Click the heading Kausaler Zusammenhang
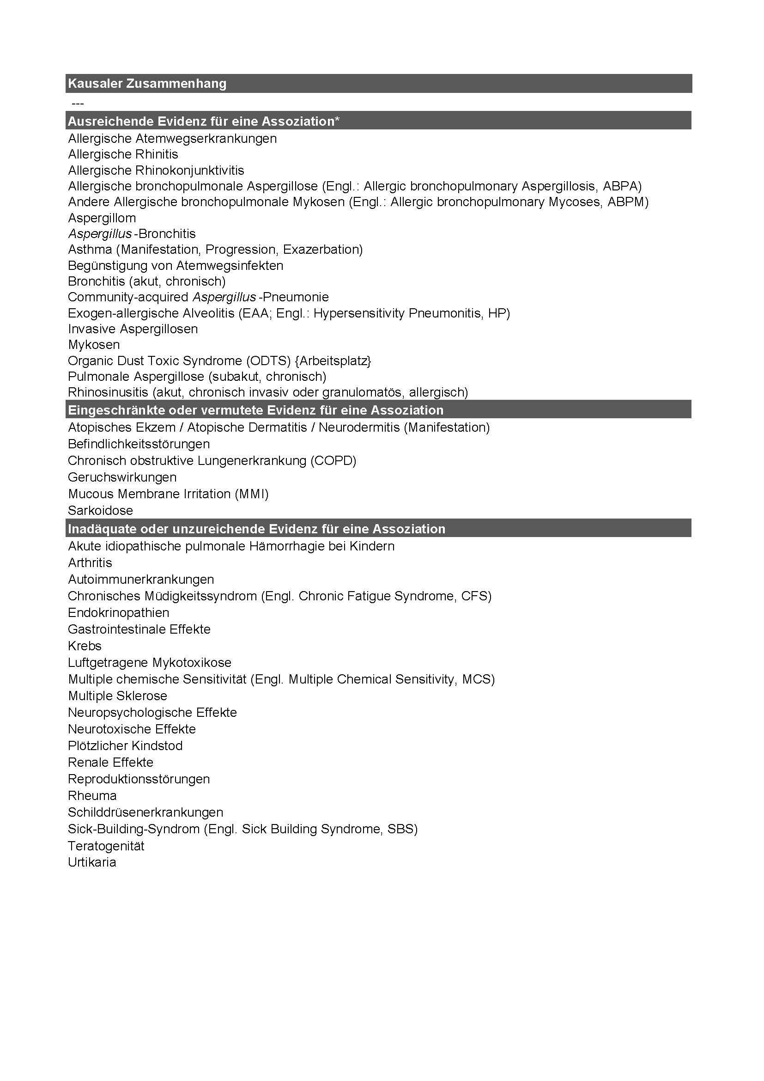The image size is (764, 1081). pyautogui.click(x=147, y=84)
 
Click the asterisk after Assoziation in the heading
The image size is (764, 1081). pyautogui.click(x=337, y=121)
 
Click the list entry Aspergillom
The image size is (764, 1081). pyautogui.click(x=102, y=218)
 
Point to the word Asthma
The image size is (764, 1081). pyautogui.click(x=90, y=250)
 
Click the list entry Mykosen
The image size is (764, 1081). pyautogui.click(x=94, y=345)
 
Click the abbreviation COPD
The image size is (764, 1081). pyautogui.click(x=333, y=460)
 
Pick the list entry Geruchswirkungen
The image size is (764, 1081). pyautogui.click(x=122, y=477)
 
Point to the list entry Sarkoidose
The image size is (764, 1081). pyautogui.click(x=100, y=510)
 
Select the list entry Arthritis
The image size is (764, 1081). pyautogui.click(x=90, y=562)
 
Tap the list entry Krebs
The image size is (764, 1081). pyautogui.click(x=85, y=646)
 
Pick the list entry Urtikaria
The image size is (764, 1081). pyautogui.click(x=92, y=862)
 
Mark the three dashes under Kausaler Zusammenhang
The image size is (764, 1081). pyautogui.click(x=78, y=103)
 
